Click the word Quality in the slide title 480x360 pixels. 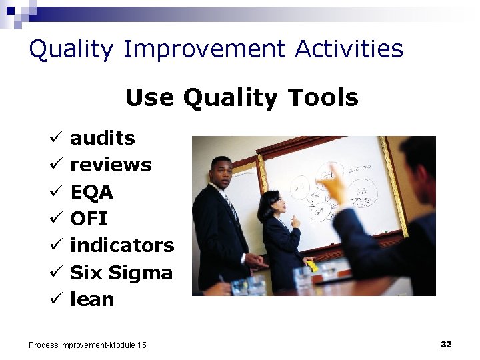click(x=72, y=50)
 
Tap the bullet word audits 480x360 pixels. click(x=102, y=138)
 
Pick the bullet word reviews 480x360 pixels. click(x=111, y=165)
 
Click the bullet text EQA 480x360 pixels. click(x=91, y=192)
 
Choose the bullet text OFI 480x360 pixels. click(x=88, y=219)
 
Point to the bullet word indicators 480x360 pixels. click(x=121, y=245)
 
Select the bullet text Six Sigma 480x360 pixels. click(x=121, y=272)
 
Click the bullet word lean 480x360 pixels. click(x=92, y=299)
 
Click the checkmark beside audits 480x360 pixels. click(x=55, y=139)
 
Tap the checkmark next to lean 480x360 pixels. click(x=55, y=300)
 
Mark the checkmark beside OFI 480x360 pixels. click(x=55, y=219)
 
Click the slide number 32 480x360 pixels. click(x=446, y=344)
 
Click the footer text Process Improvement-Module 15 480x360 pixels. click(x=87, y=345)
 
